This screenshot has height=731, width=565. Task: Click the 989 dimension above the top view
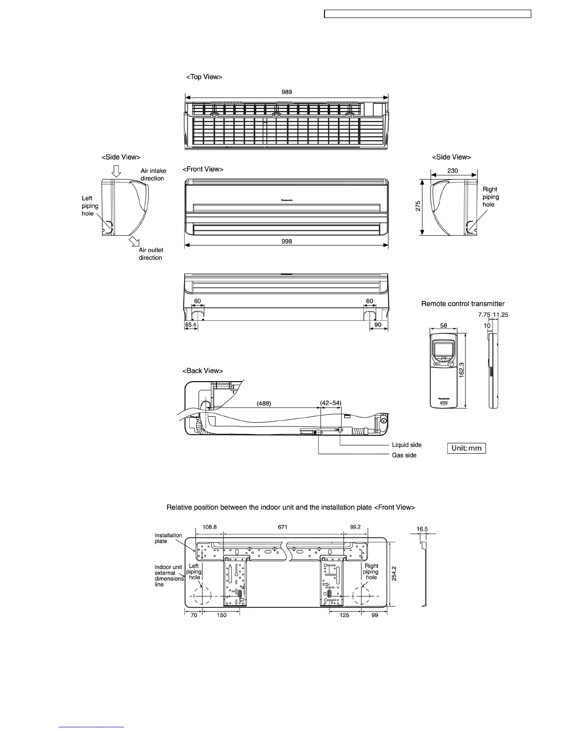pyautogui.click(x=287, y=92)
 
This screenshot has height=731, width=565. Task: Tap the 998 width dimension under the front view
pyautogui.click(x=287, y=241)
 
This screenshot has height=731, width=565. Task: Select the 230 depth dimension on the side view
pyautogui.click(x=453, y=171)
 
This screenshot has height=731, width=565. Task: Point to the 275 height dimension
pyautogui.click(x=418, y=206)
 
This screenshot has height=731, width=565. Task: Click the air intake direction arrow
pyautogui.click(x=116, y=171)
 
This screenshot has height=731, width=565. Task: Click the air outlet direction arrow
pyautogui.click(x=135, y=241)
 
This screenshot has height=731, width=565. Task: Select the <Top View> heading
pyautogui.click(x=204, y=77)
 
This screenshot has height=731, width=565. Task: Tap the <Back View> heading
pyautogui.click(x=203, y=371)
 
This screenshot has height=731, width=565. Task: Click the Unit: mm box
pyautogui.click(x=466, y=448)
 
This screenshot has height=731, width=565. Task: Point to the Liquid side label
pyautogui.click(x=407, y=445)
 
